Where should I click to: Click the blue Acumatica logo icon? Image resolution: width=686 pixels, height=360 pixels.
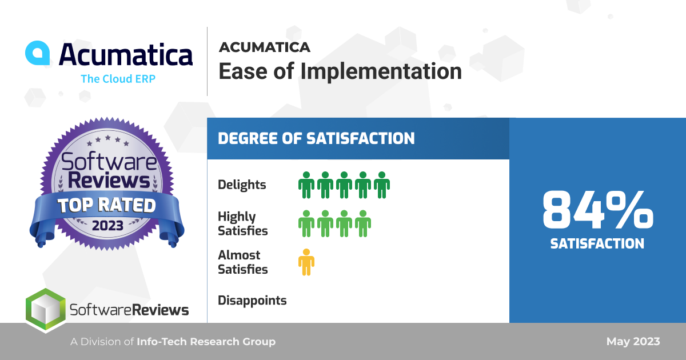click(x=38, y=53)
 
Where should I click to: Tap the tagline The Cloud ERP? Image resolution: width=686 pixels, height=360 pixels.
click(x=118, y=79)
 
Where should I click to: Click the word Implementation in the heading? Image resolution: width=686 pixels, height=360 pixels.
click(x=381, y=71)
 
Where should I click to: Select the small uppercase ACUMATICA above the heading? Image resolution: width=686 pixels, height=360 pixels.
click(x=265, y=47)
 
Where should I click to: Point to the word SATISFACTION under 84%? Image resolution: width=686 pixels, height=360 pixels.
click(x=597, y=243)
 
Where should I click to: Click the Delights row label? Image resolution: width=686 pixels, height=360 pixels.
click(x=242, y=185)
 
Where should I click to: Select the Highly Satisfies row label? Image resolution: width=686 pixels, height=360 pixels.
click(x=242, y=223)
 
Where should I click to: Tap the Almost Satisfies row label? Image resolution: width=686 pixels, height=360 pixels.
click(x=242, y=262)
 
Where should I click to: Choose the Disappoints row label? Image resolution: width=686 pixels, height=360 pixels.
click(x=252, y=301)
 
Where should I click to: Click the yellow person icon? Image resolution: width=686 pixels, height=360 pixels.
click(x=306, y=262)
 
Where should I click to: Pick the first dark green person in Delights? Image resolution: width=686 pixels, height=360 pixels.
click(x=306, y=185)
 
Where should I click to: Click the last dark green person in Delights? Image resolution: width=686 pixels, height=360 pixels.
click(x=382, y=185)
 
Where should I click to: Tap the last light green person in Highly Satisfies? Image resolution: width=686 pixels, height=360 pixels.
click(x=363, y=223)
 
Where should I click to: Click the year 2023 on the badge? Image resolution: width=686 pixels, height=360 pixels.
click(x=107, y=226)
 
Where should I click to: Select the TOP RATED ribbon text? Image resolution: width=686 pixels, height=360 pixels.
click(x=106, y=205)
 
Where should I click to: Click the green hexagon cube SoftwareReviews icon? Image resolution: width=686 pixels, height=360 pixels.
click(x=46, y=310)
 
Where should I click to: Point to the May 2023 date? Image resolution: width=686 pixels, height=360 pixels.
click(x=633, y=341)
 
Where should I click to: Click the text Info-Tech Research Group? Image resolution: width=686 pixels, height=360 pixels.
click(x=206, y=341)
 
